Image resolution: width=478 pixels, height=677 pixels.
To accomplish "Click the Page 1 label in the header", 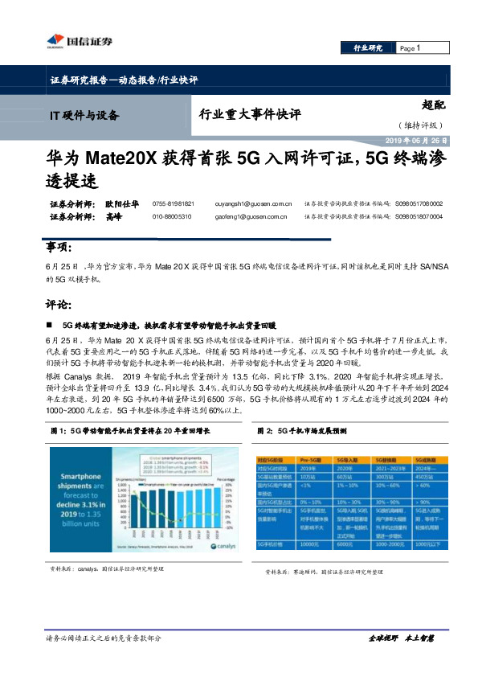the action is pyautogui.click(x=411, y=49).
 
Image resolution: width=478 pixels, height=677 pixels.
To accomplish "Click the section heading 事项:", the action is pyautogui.click(x=59, y=246).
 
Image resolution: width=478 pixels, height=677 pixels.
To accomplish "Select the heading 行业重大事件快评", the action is pyautogui.click(x=249, y=115).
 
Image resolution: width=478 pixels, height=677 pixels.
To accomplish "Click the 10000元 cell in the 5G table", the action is pyautogui.click(x=308, y=544).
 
